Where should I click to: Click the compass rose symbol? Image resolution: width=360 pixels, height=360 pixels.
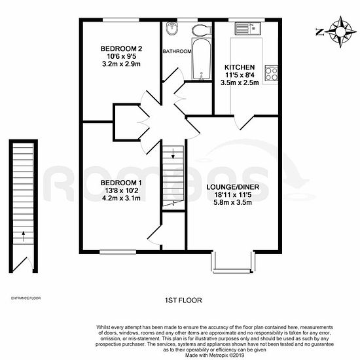pyautogui.click(x=340, y=31)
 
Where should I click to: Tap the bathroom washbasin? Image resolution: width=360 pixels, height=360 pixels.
pyautogui.click(x=171, y=28)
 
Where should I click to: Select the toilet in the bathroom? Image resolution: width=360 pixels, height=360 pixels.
pyautogui.click(x=202, y=30)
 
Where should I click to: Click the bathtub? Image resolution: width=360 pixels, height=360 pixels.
pyautogui.click(x=202, y=59)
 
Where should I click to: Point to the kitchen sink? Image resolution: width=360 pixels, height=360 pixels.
pyautogui.click(x=247, y=28)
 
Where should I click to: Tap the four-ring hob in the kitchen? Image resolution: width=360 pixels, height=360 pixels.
pyautogui.click(x=271, y=73)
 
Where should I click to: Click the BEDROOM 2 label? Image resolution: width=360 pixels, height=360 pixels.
pyautogui.click(x=122, y=48)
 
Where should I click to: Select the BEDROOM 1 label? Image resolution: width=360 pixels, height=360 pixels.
pyautogui.click(x=121, y=183)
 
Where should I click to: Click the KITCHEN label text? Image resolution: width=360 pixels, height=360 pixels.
pyautogui.click(x=240, y=67)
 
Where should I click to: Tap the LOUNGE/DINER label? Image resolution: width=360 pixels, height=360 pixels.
pyautogui.click(x=233, y=187)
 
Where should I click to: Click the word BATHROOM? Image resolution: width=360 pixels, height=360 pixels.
pyautogui.click(x=177, y=51)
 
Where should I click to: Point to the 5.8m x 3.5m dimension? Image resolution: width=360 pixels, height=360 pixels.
pyautogui.click(x=233, y=202)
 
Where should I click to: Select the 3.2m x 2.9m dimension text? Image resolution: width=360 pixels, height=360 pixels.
pyautogui.click(x=122, y=64)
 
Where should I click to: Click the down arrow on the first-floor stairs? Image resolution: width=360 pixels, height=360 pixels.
pyautogui.click(x=173, y=154)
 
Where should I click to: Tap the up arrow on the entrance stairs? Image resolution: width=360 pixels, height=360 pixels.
pyautogui.click(x=23, y=236)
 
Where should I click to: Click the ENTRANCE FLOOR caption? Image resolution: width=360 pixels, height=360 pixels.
pyautogui.click(x=26, y=298)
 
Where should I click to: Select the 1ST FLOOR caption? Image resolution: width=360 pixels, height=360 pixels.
pyautogui.click(x=183, y=300)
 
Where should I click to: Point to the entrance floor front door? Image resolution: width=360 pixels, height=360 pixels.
pyautogui.click(x=22, y=264)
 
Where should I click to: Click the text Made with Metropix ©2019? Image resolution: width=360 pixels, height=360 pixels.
pyautogui.click(x=215, y=355)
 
